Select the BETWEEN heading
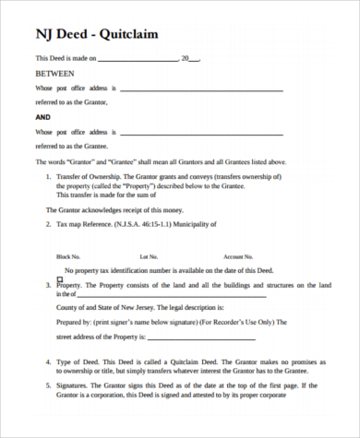tap(53, 72)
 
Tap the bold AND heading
tap(43, 118)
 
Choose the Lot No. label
tap(149, 256)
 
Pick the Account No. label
tap(237, 256)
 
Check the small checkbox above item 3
tap(60, 278)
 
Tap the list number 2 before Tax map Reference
tap(48, 224)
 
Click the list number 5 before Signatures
tap(48, 385)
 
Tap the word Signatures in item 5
tap(77, 385)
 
